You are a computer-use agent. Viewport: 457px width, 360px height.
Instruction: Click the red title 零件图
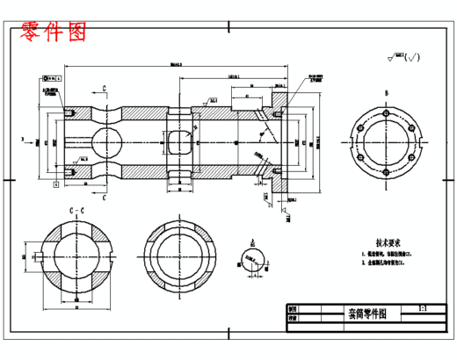pyautogui.click(x=54, y=32)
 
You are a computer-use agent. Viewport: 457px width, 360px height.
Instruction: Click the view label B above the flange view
pyautogui.click(x=385, y=91)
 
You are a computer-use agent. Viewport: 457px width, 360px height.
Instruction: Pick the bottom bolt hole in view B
pyautogui.click(x=385, y=174)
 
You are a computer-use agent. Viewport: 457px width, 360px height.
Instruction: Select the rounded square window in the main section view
pyautogui.click(x=180, y=141)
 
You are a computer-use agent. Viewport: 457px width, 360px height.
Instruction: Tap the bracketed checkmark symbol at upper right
pyautogui.click(x=414, y=58)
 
